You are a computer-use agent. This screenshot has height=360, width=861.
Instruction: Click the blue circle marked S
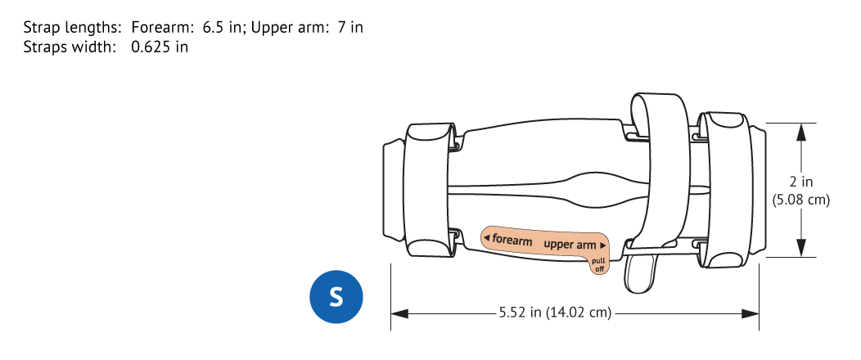pos(336,297)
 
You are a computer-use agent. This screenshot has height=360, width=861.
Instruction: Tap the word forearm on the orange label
pos(512,240)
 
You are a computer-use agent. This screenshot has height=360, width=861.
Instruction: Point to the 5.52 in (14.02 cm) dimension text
pos(555,313)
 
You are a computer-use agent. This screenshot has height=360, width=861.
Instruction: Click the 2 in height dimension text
pos(801,182)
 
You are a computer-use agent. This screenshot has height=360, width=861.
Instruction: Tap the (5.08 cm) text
pos(801,200)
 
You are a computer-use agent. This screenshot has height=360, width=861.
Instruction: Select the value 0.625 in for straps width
pos(160,47)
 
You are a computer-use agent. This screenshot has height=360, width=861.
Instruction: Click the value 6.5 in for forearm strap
pos(222,28)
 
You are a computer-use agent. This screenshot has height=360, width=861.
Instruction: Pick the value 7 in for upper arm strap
pos(350,28)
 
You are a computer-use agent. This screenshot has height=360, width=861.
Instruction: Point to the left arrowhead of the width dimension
pos(399,314)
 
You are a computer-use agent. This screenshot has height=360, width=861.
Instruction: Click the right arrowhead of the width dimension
pos(751,314)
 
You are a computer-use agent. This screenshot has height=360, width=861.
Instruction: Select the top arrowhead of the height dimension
pos(801,132)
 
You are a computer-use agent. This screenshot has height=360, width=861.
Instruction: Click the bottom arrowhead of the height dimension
pos(801,248)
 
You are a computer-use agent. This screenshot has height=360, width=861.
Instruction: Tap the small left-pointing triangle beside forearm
pos(486,237)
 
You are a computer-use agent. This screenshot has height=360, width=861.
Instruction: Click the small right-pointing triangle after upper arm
pos(603,245)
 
